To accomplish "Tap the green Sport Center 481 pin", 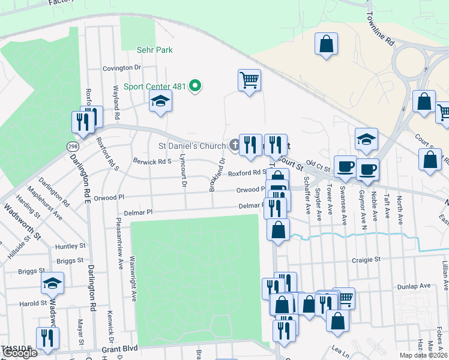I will click(x=194, y=86).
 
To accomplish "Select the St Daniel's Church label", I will click(x=191, y=146).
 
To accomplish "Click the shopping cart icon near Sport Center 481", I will click(x=249, y=80).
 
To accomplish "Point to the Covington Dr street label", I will click(x=121, y=68).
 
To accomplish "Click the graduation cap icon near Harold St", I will click(x=52, y=283).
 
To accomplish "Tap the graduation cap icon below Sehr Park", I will click(x=160, y=101).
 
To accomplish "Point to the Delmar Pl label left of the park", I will click(x=138, y=212).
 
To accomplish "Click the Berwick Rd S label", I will click(x=152, y=161).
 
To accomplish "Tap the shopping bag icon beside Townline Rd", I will click(x=326, y=44).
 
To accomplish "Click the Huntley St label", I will click(x=71, y=246).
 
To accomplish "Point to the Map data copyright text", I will click(x=424, y=355).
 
